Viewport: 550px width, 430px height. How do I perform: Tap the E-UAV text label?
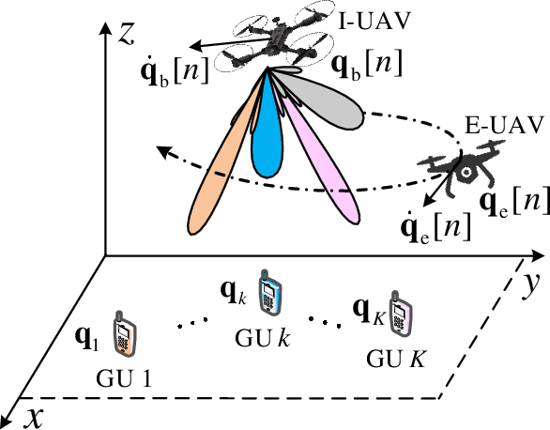pyautogui.click(x=491, y=125)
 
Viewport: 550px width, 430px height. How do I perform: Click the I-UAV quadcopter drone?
pyautogui.click(x=278, y=43)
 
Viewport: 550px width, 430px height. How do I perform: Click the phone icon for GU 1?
pyautogui.click(x=124, y=335)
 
